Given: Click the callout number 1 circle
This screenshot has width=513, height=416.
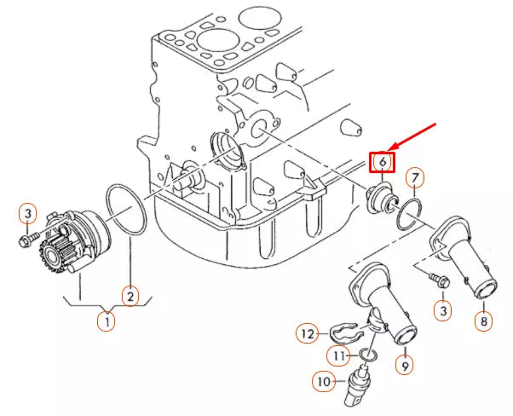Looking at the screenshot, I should coord(107,322).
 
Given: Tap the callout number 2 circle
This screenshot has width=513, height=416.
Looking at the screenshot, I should coord(130,297).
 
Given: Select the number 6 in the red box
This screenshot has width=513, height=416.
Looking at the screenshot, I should coord(383,160).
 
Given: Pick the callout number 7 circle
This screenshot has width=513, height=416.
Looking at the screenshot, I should coord(414,178).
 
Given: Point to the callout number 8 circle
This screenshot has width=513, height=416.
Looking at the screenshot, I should coord(484,321).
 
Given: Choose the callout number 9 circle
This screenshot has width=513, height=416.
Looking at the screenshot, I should coord(405,366).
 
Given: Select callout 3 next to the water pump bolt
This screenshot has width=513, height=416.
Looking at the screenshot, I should coord(27,212).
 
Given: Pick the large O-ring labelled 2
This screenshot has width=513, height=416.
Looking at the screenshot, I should coord(129,210).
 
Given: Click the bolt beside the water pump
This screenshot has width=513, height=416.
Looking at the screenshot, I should coord(28,241).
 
